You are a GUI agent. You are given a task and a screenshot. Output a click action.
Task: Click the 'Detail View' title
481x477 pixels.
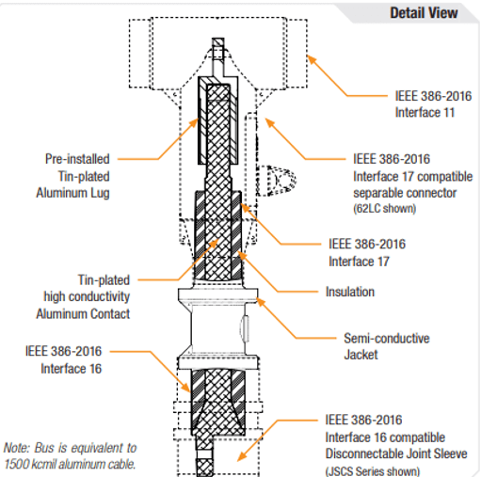[x=424, y=12]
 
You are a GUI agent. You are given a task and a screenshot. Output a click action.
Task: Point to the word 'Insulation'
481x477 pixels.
[x=350, y=292]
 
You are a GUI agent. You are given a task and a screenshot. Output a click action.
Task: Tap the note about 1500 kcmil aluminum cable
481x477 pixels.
[x=70, y=455]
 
